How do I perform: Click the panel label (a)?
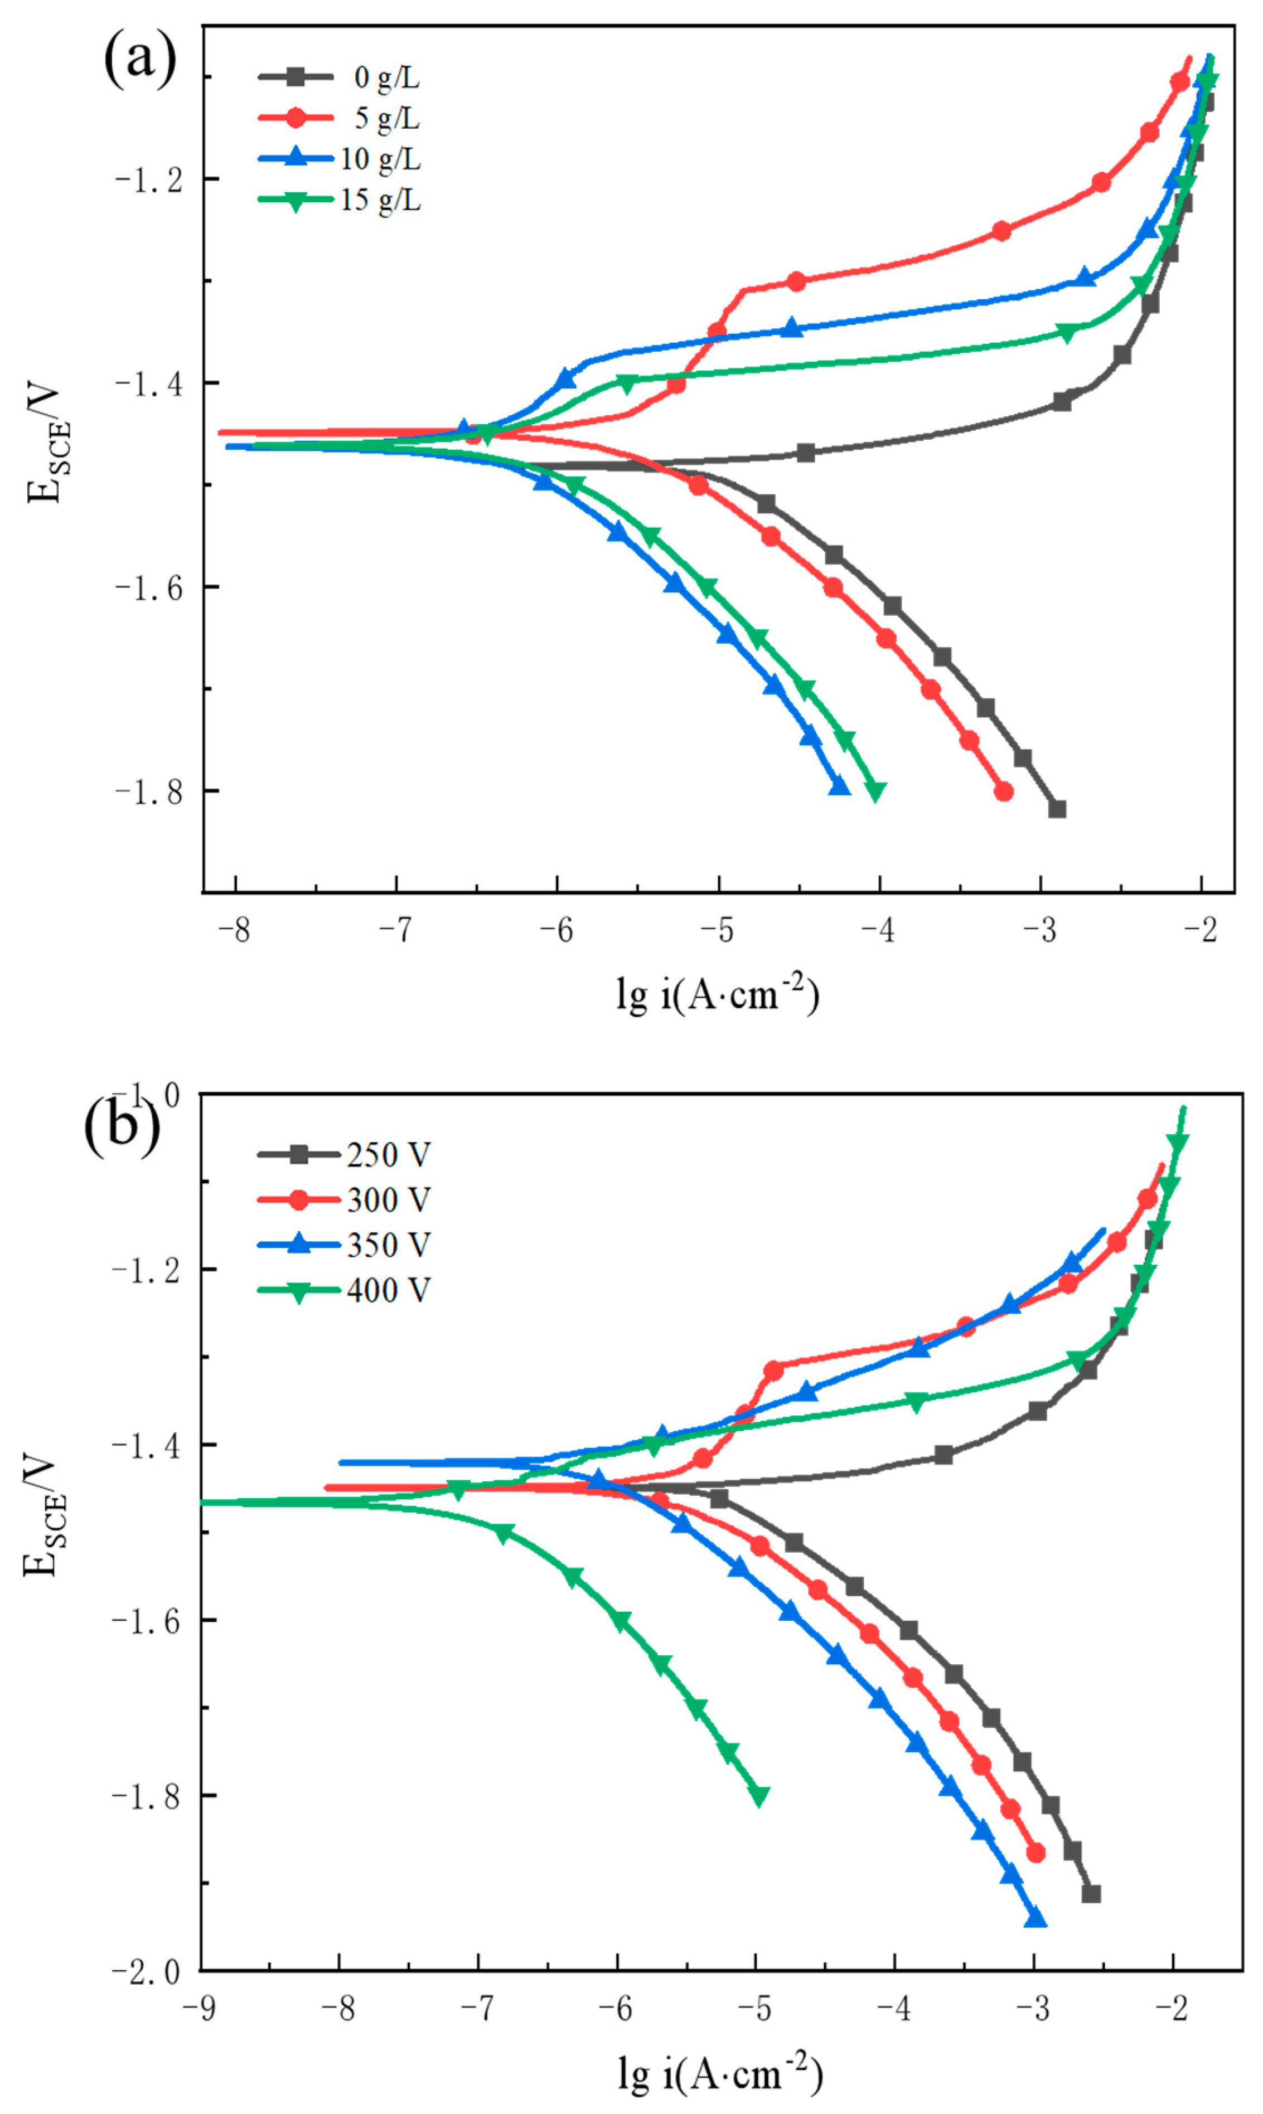141,60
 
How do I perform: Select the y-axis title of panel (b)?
42,1516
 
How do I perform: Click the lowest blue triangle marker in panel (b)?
1035,1919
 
